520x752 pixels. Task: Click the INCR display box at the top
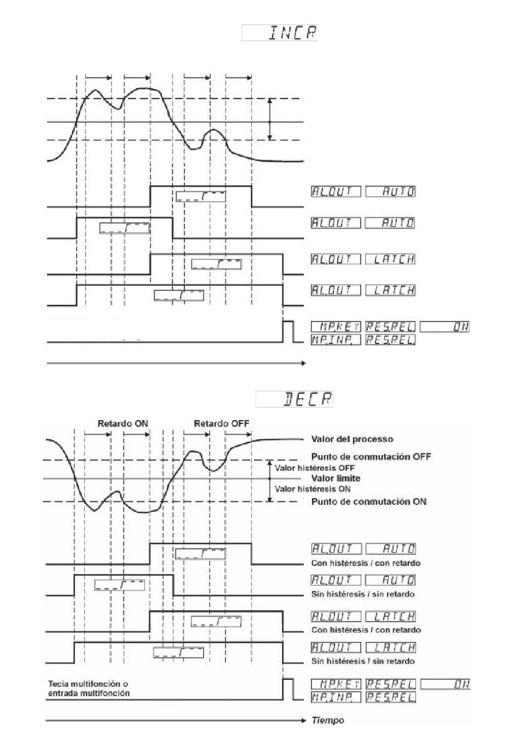279,33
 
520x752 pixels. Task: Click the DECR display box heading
294,399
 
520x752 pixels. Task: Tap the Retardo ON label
123,423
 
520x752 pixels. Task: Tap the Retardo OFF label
221,423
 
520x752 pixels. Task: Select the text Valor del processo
352,439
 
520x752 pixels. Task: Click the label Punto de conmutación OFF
371,457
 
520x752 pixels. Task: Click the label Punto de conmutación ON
369,502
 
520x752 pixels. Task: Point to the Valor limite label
336,479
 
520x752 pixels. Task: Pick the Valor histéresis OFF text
315,468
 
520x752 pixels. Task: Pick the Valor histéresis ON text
313,489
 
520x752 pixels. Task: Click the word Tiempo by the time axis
328,720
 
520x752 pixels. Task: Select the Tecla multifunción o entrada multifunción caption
89,688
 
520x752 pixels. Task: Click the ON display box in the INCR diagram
445,327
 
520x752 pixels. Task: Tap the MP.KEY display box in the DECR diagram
336,684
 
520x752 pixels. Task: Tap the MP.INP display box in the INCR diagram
336,340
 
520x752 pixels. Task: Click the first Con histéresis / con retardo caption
366,563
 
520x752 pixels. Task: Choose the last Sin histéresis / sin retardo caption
363,661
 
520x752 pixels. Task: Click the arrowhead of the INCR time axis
303,363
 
